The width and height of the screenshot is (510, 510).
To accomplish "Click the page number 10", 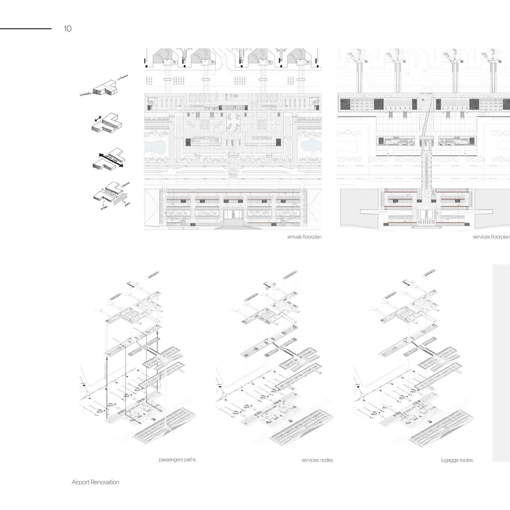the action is (x=68, y=29).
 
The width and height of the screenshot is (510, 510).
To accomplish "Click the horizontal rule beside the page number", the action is (x=25, y=29).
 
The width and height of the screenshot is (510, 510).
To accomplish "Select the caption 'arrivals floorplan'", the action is (x=304, y=237).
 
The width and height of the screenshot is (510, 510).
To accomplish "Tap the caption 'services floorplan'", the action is (x=491, y=237).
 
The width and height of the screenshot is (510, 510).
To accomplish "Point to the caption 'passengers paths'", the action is (x=177, y=459).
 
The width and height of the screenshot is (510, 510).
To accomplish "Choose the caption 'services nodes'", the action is (x=317, y=460).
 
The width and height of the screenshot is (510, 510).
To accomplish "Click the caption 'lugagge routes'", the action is (x=457, y=460).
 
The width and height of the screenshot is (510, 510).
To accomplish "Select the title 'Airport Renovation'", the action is (x=95, y=482).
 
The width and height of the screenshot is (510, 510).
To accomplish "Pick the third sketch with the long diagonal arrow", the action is (x=108, y=159).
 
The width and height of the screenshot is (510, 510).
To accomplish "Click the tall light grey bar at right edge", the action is (x=501, y=363).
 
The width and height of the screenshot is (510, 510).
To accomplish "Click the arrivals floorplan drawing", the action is (x=233, y=140).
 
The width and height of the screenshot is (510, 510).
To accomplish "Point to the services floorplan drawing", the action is (x=423, y=140).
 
